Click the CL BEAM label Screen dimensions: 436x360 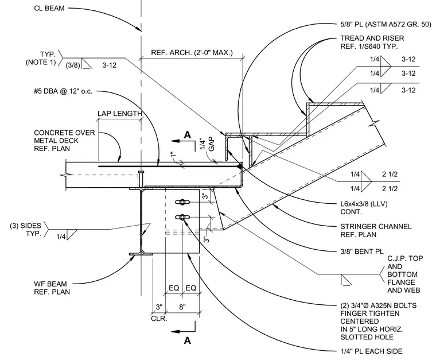point(49,9)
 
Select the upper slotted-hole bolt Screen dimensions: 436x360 point(182,202)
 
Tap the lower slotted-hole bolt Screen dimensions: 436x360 point(182,217)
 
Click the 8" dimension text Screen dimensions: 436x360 point(182,307)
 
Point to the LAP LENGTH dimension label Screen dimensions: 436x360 point(120,114)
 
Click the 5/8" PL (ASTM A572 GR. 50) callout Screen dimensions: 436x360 point(386,25)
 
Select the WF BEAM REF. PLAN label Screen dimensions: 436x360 point(52,288)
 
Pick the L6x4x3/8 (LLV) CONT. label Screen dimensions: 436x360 point(364,208)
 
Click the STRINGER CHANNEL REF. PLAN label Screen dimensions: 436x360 point(376,231)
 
